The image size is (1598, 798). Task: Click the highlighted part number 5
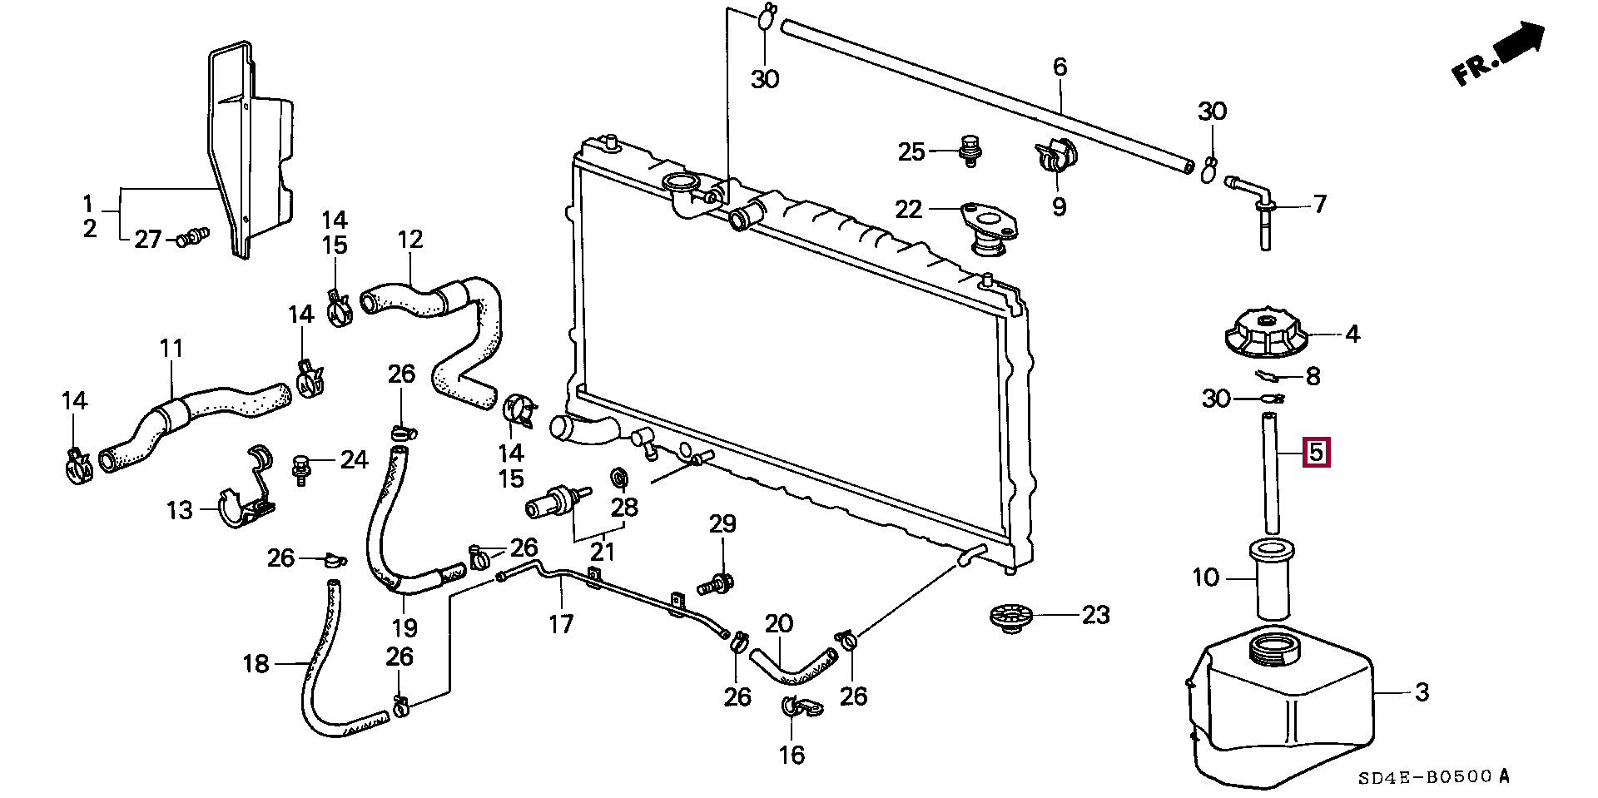pyautogui.click(x=1316, y=453)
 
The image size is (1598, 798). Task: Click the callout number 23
pyautogui.click(x=1095, y=615)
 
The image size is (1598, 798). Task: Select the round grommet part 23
pyautogui.click(x=1010, y=618)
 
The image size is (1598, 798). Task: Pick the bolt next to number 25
pyautogui.click(x=968, y=150)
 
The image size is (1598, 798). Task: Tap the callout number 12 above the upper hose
pyautogui.click(x=409, y=240)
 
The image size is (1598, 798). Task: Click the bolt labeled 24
pyautogui.click(x=300, y=468)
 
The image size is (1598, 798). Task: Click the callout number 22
pyautogui.click(x=908, y=208)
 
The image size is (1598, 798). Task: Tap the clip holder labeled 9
pyautogui.click(x=1056, y=153)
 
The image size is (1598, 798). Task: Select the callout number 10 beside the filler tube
pyautogui.click(x=1205, y=577)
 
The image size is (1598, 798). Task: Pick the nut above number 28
pyautogui.click(x=620, y=477)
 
